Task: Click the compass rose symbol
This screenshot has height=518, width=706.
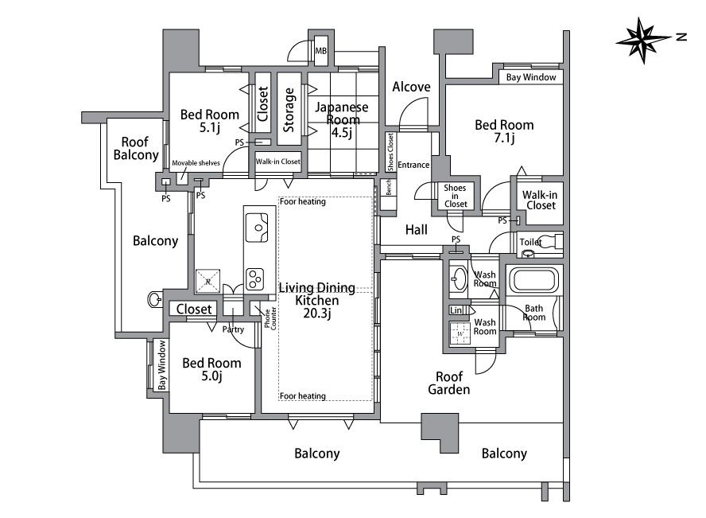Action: (x=643, y=41)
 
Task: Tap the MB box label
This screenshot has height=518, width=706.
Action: (x=321, y=51)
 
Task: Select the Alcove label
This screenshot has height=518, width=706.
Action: (x=411, y=87)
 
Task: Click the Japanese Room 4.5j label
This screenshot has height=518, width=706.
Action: (x=342, y=120)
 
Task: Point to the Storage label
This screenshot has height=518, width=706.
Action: (x=289, y=110)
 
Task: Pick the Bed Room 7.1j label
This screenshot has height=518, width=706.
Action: (x=504, y=131)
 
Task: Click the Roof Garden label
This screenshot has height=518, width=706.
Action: (x=449, y=383)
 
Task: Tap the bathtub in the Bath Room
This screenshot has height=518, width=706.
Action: (x=534, y=280)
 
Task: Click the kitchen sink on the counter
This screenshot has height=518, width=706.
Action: (x=257, y=228)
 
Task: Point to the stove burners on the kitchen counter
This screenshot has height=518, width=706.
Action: (x=255, y=279)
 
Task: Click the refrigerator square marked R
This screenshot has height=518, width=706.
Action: (x=208, y=282)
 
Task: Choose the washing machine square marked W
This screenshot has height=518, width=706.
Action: (x=460, y=333)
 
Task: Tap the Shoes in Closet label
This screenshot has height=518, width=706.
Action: (x=456, y=196)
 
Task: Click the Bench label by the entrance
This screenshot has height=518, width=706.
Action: (x=388, y=187)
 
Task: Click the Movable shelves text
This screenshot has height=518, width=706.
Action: (x=196, y=163)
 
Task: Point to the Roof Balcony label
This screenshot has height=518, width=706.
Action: (x=135, y=149)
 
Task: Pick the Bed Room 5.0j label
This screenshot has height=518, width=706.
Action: (x=211, y=369)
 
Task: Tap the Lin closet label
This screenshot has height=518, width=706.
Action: (x=456, y=310)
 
